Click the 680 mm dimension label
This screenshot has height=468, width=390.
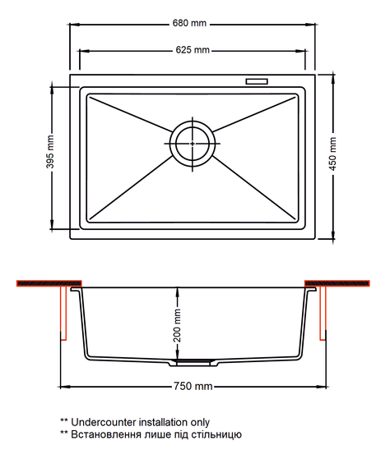pyautogui.click(x=189, y=23)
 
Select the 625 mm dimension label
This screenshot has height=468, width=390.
pyautogui.click(x=193, y=50)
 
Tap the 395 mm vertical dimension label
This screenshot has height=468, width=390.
pyautogui.click(x=50, y=152)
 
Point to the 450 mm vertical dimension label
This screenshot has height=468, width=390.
pyautogui.click(x=332, y=154)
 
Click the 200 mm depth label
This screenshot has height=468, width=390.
pyautogui.click(x=178, y=325)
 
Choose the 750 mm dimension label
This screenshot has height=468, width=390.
pyautogui.click(x=193, y=386)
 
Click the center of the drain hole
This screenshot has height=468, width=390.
pyautogui.click(x=193, y=144)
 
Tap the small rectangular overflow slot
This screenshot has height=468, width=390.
pyautogui.click(x=257, y=81)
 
